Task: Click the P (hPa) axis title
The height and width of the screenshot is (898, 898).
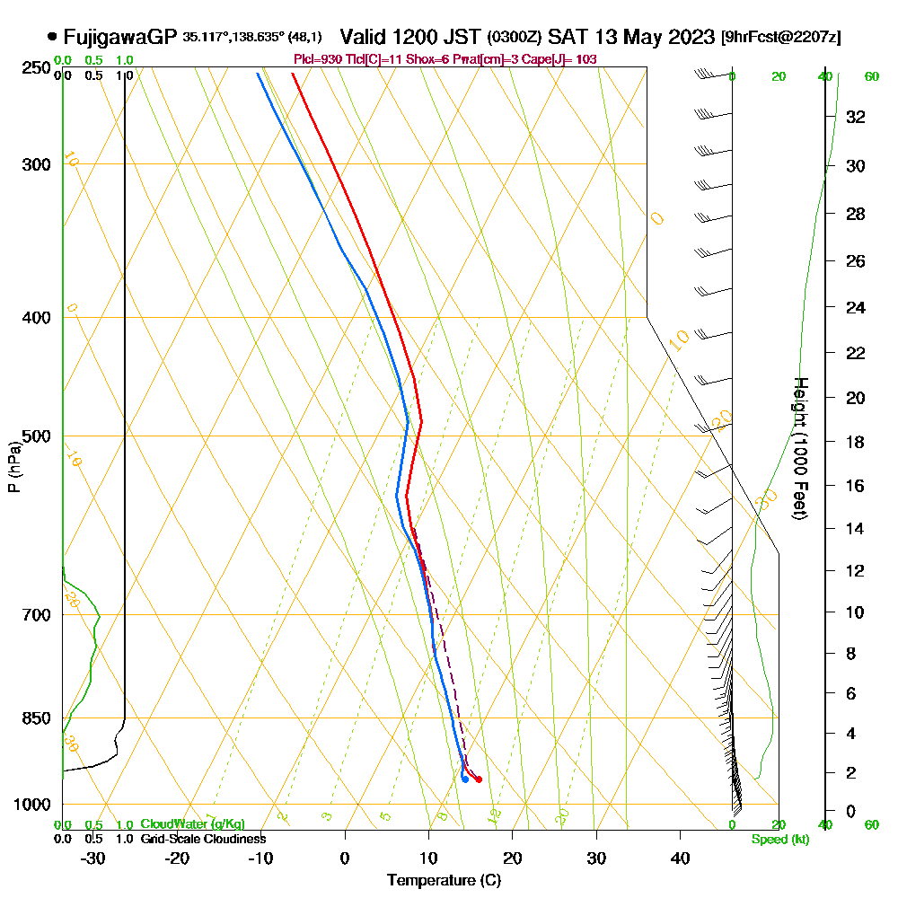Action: point(13,467)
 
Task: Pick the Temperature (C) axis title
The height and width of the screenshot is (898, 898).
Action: point(444,880)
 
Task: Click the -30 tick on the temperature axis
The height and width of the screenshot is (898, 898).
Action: point(93,858)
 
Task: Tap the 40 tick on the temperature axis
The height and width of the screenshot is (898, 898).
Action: point(680,858)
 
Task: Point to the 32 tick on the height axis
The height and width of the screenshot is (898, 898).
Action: point(856,117)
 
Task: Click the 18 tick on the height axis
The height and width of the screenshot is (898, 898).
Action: point(856,442)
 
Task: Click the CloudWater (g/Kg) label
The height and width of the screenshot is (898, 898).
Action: point(192,823)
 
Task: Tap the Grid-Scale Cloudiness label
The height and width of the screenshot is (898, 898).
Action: point(203,839)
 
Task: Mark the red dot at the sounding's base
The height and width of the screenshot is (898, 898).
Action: point(479,779)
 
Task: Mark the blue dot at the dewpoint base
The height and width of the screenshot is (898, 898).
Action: point(464,779)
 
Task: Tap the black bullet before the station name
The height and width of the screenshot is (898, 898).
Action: point(52,38)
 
